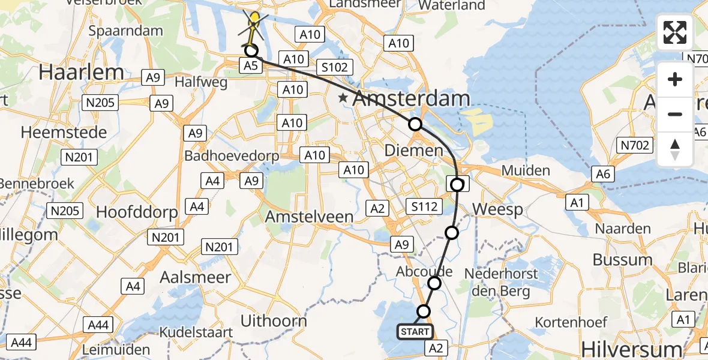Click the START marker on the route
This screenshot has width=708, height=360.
[414, 332]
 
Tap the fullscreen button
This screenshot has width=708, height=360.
[675, 32]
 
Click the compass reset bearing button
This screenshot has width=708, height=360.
[675, 149]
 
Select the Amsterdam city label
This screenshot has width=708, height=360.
[411, 99]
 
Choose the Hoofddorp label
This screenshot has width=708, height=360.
[137, 212]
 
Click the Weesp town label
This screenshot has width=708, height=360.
[498, 209]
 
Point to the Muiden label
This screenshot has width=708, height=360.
[526, 170]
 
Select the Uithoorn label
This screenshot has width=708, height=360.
[273, 320]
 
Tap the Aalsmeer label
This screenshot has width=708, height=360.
[196, 277]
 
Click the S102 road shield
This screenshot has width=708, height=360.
[334, 67]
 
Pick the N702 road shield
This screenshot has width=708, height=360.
[634, 144]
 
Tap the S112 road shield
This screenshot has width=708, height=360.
[424, 207]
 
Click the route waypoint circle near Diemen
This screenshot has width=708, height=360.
[415, 124]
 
